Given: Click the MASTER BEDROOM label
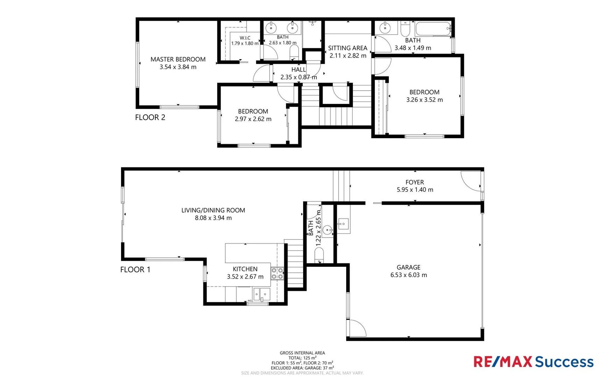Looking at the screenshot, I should point(178,59).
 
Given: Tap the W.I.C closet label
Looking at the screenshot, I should point(245,38).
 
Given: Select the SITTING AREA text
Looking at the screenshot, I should point(348,48).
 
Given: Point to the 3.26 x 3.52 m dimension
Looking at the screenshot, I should point(424,100).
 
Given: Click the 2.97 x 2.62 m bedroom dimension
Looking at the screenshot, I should point(253,119).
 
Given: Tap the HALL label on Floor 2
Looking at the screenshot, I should point(298,70).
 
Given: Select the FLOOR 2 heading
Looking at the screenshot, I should point(150,117).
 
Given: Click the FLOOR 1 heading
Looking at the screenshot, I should point(135,269).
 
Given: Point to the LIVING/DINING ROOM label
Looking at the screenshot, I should point(213,210).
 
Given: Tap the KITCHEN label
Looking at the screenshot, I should point(245,269).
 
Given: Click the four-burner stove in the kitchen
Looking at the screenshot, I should point(277,273).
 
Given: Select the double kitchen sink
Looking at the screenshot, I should point(262,294).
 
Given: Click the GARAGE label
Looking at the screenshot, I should point(408,267).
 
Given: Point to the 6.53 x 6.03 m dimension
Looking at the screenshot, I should point(408,275).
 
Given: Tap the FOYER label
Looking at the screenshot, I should point(414,182).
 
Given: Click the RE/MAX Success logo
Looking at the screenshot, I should point(533,362).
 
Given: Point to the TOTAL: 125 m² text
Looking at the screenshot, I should point(302,358).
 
